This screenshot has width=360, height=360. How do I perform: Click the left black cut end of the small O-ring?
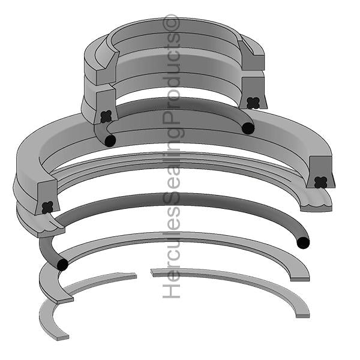(x=110, y=141)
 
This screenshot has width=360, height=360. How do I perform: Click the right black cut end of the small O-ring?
(x=247, y=128)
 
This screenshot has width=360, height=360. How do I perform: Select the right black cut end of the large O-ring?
(x=303, y=242)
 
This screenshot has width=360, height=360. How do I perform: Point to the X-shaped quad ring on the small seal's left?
(x=106, y=116)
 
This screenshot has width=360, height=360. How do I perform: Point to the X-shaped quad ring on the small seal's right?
(x=253, y=102)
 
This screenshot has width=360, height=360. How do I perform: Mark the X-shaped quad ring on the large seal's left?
(x=47, y=207)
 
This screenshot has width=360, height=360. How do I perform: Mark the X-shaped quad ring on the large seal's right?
(x=320, y=182)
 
